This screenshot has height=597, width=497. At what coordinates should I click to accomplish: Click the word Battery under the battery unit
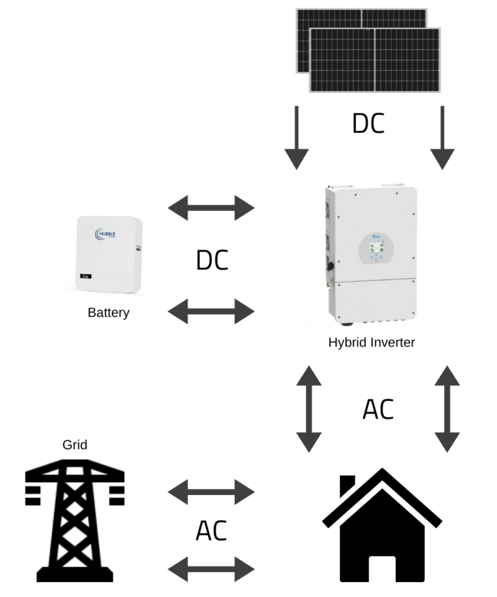[x=109, y=312]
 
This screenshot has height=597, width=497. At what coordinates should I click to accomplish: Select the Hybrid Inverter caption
[x=372, y=341]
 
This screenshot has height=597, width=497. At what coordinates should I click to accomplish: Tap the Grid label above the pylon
[x=75, y=444]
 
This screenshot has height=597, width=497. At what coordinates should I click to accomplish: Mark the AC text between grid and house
[x=211, y=530]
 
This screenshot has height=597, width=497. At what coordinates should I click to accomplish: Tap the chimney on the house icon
[x=348, y=486]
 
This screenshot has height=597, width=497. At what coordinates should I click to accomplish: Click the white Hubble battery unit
[x=109, y=255]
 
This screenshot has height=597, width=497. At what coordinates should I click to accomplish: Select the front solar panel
[x=375, y=60]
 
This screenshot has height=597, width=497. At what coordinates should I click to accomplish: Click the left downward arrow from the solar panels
[x=297, y=138]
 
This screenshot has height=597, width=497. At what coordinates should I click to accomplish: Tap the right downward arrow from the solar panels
[x=442, y=138]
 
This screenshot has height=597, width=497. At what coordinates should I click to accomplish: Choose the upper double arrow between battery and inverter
[x=212, y=208]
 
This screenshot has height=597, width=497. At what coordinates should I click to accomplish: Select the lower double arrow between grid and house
[x=212, y=568]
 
